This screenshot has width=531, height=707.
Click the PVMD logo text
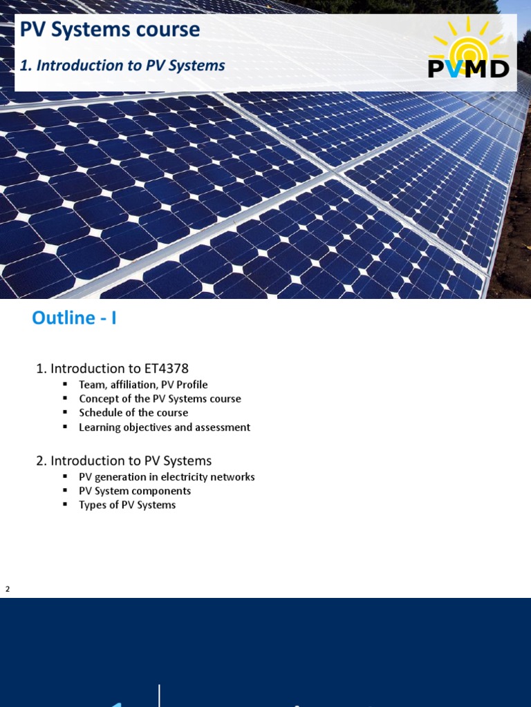[469, 68]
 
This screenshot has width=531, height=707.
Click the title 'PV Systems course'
[110, 30]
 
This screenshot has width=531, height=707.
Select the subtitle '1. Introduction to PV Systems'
[122, 66]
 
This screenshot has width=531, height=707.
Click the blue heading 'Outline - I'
[74, 318]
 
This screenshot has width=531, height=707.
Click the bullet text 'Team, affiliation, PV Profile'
[143, 385]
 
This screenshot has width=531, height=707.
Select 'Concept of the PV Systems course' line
[160, 398]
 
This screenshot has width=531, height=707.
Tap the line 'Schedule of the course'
[133, 412]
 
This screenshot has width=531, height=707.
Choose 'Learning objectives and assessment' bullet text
[165, 427]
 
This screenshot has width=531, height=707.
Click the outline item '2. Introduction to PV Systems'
[124, 461]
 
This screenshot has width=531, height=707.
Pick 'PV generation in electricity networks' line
[167, 477]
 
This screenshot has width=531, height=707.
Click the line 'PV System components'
[135, 491]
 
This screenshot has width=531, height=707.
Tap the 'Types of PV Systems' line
[127, 505]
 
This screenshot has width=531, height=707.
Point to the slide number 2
[8, 589]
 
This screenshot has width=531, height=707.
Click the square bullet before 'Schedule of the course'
[64, 412]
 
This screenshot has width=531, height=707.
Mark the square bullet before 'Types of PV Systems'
[64, 505]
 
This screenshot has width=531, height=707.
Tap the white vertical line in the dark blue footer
[160, 695]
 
